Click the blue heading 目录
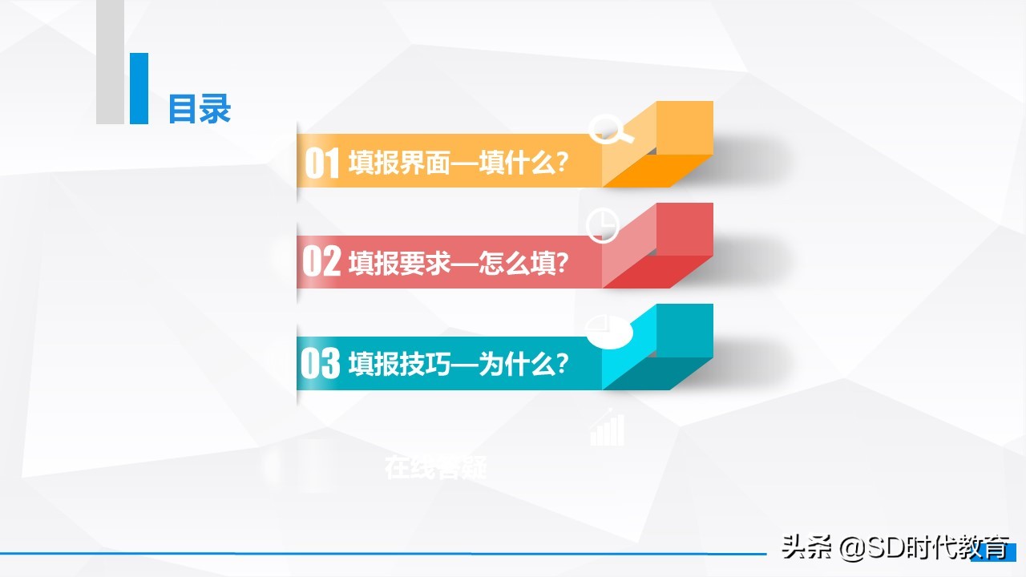click(x=200, y=109)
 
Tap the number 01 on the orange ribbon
click(x=323, y=163)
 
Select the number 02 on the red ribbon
click(x=321, y=263)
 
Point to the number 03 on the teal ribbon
click(x=321, y=364)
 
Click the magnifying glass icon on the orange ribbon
click(x=610, y=128)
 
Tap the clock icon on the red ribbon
click(x=603, y=226)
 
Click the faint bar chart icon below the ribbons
click(x=607, y=429)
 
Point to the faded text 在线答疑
click(x=435, y=466)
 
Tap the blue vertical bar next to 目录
click(x=139, y=88)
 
